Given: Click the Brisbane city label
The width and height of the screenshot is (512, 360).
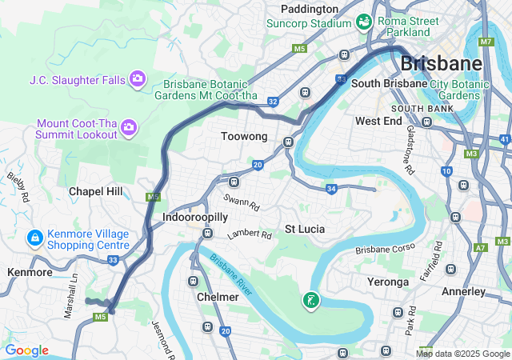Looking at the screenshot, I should pyautogui.click(x=441, y=62).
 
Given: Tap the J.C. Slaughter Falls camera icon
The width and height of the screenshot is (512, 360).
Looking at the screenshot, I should pyautogui.click(x=137, y=78).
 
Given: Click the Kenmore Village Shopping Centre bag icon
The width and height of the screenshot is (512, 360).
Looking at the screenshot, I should pyautogui.click(x=34, y=238).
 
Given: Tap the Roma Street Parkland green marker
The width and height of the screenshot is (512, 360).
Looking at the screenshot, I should pyautogui.click(x=364, y=21).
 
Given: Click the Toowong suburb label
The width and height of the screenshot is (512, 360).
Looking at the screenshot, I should pyautogui.click(x=244, y=137).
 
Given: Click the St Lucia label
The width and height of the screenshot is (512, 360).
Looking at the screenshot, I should pyautogui.click(x=305, y=229).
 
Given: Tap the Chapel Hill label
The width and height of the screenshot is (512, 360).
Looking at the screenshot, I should pyautogui.click(x=96, y=191).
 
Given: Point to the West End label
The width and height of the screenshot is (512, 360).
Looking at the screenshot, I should pyautogui.click(x=378, y=121).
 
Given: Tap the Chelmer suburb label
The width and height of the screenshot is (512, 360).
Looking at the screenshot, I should pyautogui.click(x=218, y=297).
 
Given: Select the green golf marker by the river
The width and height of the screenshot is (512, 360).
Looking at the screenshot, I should pyautogui.click(x=310, y=301).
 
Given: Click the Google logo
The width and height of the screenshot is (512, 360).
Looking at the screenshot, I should pyautogui.click(x=26, y=350).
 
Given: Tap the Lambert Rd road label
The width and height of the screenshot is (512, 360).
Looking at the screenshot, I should pyautogui.click(x=249, y=235).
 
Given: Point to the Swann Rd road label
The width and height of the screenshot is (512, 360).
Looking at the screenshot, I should pyautogui.click(x=242, y=206).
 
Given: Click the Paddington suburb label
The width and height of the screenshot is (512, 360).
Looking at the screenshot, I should pyautogui.click(x=310, y=8).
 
